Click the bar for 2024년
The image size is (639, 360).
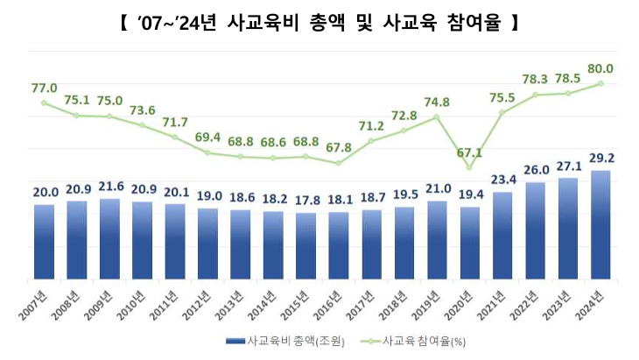[x=600, y=225]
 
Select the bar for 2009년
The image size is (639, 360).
[x=109, y=239]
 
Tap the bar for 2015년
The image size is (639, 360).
[x=305, y=246]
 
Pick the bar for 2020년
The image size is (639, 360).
[x=470, y=244]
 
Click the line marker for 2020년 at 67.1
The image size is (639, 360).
[x=470, y=167]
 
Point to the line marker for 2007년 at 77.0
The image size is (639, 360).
[x=44, y=102]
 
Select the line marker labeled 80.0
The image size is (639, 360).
[x=600, y=83]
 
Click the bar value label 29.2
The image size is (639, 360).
[x=600, y=159]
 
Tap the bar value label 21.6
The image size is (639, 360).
[x=109, y=187]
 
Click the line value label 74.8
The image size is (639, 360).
[x=437, y=102]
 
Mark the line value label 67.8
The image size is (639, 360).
[x=339, y=147]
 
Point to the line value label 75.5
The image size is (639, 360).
[x=502, y=97]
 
